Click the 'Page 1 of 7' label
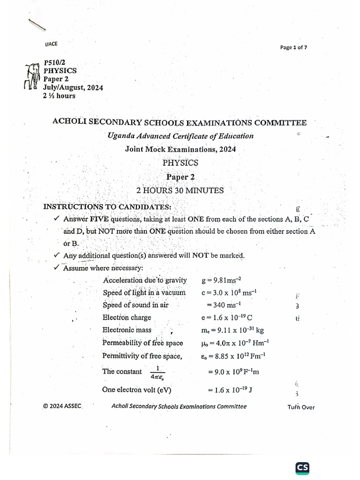click(293, 47)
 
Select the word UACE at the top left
click(51, 44)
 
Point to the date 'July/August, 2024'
click(73, 88)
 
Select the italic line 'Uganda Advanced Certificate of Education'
click(180, 136)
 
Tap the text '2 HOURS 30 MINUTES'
click(180, 190)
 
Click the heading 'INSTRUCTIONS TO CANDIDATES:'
click(107, 207)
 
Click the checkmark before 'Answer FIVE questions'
click(57, 218)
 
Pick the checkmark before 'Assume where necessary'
click(57, 268)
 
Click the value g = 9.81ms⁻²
click(221, 280)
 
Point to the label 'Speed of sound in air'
click(135, 305)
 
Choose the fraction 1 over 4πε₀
click(158, 372)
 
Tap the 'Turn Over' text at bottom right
click(301, 407)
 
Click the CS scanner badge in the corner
click(302, 468)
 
